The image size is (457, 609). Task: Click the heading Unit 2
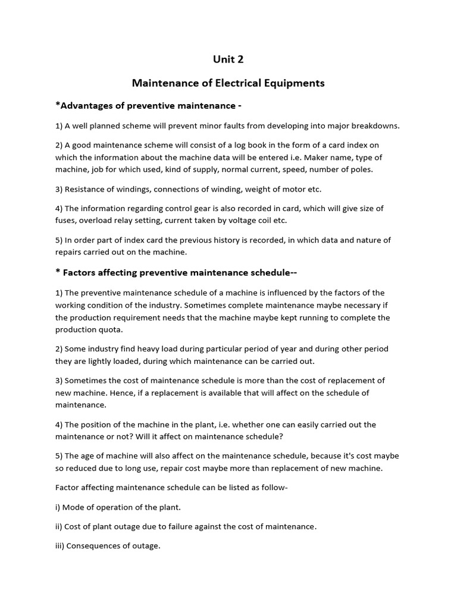(228, 59)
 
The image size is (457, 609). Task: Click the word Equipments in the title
(291, 83)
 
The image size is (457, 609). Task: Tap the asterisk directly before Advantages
(57, 105)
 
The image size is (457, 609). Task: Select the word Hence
(129, 393)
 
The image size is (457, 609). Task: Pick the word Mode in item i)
(73, 507)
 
